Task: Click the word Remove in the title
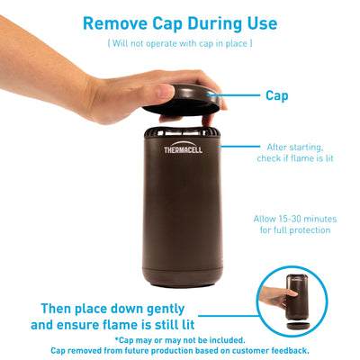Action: (x=115, y=23)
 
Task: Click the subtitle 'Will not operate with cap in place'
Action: (x=180, y=43)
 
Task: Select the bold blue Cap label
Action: (x=276, y=96)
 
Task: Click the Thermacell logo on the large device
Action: (x=183, y=148)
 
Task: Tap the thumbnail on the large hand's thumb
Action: (x=166, y=90)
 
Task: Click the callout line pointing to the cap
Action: (x=234, y=95)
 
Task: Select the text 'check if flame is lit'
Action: (x=295, y=158)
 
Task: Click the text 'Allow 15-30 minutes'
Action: (x=295, y=219)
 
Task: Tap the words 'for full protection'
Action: (x=295, y=230)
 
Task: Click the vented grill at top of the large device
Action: (x=183, y=132)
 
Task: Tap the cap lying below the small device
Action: (x=297, y=326)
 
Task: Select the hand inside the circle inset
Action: (x=276, y=296)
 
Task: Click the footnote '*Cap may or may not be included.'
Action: (x=180, y=340)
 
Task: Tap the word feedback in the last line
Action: (x=290, y=350)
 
